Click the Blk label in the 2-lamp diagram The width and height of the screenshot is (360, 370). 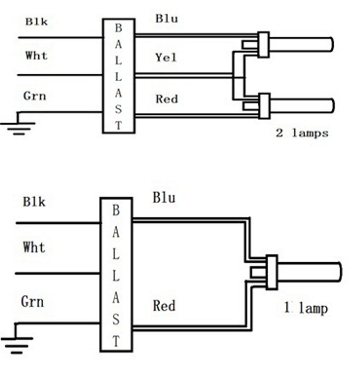pos(36,22)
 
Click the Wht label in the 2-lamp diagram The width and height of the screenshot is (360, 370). pos(36,55)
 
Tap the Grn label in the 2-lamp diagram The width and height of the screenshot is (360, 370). pos(35,96)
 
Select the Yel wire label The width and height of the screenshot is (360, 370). pos(166,58)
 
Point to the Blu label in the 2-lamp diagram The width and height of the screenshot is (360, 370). pos(167,19)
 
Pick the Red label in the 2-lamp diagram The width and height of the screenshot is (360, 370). pos(167,99)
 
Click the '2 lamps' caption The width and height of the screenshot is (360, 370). pos(302,133)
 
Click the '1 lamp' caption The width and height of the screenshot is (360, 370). pos(306,308)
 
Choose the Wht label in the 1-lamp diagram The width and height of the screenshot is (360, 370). pos(34,247)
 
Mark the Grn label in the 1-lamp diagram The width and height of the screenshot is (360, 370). pos(33,302)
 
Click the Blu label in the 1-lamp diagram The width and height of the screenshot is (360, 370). pos(164,198)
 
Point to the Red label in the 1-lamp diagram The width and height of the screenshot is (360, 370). pos(164,306)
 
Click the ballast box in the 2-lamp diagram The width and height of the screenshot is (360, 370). pos(119,76)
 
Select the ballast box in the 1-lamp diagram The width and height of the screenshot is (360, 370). pos(116,275)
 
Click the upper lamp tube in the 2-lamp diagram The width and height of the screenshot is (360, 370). pos(300,45)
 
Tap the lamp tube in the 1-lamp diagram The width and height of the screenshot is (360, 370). pos(309,272)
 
